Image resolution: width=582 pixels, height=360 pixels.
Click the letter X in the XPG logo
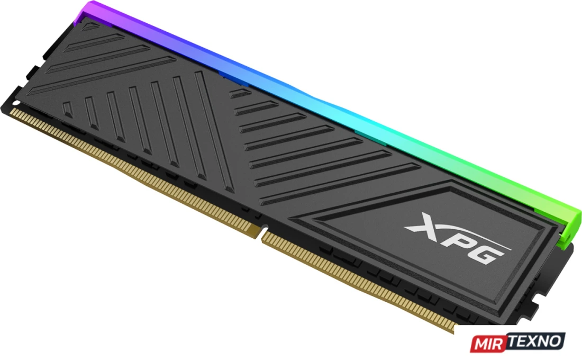pyautogui.click(x=425, y=223)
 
